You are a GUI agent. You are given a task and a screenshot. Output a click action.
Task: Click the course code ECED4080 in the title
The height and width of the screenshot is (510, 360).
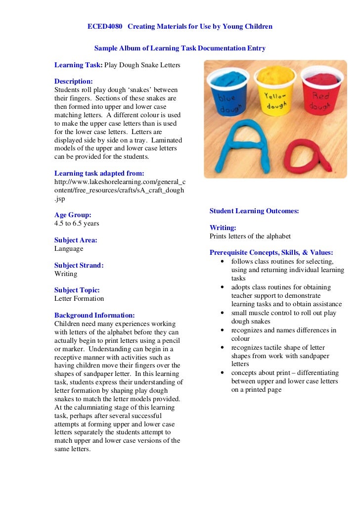tap(104, 26)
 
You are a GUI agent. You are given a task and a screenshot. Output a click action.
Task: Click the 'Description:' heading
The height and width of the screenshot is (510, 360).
tap(73, 81)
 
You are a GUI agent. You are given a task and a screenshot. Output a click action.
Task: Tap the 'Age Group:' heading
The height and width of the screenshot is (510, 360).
tap(73, 215)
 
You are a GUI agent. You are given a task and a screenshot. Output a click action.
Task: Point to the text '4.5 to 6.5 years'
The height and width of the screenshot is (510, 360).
tap(77, 223)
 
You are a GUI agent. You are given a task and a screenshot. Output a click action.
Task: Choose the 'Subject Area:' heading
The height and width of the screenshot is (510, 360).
tap(76, 240)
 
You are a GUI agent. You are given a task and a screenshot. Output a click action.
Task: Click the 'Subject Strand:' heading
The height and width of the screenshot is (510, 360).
tap(79, 266)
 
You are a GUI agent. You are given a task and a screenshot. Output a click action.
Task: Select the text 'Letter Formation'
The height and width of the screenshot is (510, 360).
tap(79, 299)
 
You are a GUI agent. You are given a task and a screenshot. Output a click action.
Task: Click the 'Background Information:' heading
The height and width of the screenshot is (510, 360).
tap(94, 315)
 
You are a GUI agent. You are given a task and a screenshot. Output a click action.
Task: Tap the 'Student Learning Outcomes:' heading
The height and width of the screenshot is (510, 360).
tap(254, 211)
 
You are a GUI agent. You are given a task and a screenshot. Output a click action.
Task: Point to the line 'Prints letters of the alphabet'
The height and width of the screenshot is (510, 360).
tap(250, 236)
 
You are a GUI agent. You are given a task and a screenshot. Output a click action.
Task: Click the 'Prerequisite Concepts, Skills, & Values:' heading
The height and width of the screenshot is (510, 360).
tap(271, 252)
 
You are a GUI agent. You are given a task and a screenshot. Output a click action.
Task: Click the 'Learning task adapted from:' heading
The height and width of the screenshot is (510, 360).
tap(99, 173)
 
